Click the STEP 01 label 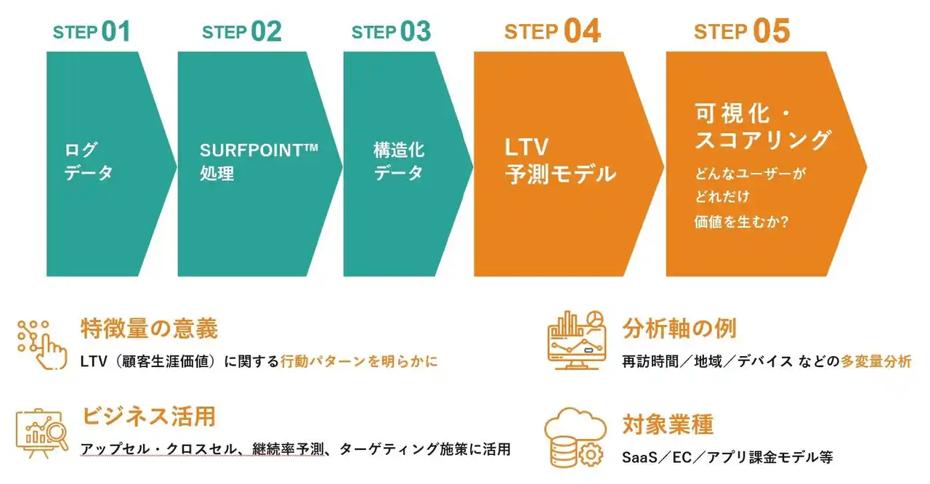tap(92, 31)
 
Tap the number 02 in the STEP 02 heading tap(266, 31)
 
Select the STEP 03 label tap(391, 31)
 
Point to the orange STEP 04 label tap(552, 31)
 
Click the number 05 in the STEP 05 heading tap(772, 31)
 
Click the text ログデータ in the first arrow tap(89, 161)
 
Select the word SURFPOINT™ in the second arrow tap(259, 150)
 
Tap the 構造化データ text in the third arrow tap(399, 161)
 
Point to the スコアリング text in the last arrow tap(763, 140)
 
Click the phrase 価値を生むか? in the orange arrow tap(742, 222)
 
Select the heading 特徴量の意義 tap(149, 328)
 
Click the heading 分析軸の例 tap(679, 328)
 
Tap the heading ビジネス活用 tap(149, 416)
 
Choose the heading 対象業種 tap(668, 424)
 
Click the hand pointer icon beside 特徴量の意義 tap(42, 344)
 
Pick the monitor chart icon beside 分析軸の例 tap(576, 340)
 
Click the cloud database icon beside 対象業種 tap(575, 438)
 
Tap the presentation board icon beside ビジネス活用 tap(42, 433)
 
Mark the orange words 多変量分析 tap(876, 362)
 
